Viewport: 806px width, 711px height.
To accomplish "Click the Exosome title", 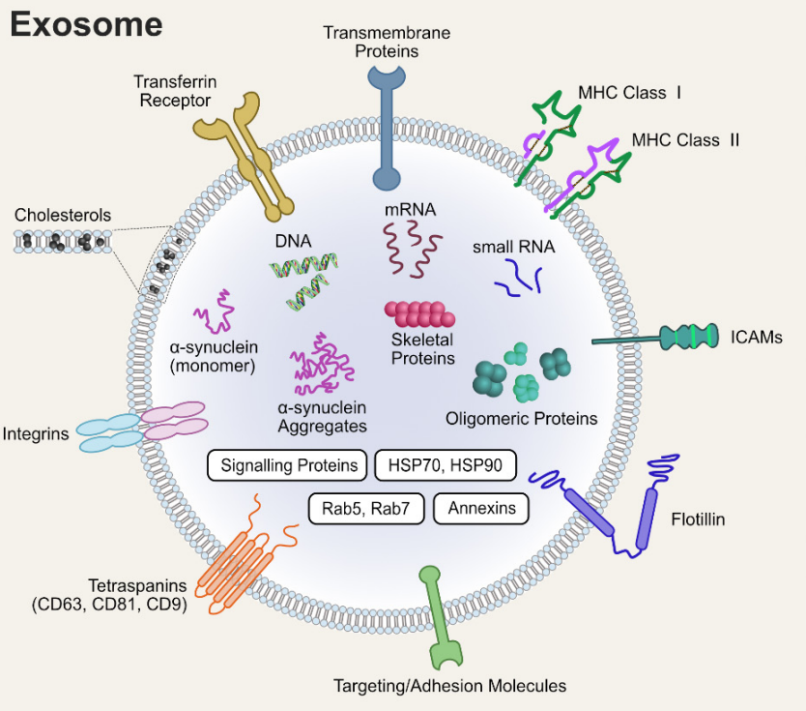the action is [x=86, y=24].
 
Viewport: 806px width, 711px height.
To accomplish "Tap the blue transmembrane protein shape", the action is [x=387, y=129].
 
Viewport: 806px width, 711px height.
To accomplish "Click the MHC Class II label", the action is [x=685, y=140].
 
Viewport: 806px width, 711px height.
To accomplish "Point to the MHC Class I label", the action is [x=630, y=93].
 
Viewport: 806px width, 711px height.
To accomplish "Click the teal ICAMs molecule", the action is [x=655, y=337].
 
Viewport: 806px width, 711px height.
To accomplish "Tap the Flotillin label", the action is [x=698, y=519].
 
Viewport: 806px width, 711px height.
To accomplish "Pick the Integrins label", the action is [x=36, y=433].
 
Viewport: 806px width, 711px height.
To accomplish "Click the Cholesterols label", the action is [x=63, y=215].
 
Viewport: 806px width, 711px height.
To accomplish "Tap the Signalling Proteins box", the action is [x=287, y=465].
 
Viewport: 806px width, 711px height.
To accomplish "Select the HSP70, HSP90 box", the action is [x=446, y=465].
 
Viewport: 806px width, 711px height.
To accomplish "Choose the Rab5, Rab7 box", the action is [x=366, y=508].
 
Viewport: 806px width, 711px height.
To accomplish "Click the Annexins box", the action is [x=481, y=508].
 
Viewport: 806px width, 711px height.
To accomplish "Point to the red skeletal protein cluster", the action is [x=420, y=313].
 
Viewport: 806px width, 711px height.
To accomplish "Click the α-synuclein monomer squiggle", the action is [x=215, y=311].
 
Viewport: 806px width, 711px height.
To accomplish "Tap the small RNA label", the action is [x=513, y=247].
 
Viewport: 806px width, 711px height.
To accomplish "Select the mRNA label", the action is [x=410, y=209].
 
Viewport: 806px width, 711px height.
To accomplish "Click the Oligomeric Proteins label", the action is [x=521, y=418].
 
